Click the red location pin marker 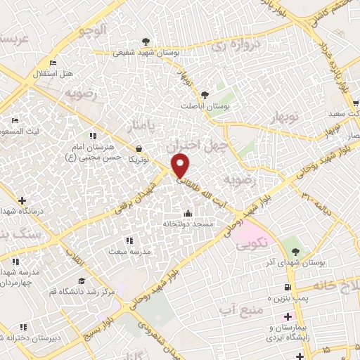(x=181, y=167)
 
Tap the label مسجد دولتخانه (x=188, y=224)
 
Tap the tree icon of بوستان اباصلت (x=205, y=94)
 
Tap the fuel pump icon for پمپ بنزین (x=287, y=287)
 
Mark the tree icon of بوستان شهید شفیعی (x=146, y=41)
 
